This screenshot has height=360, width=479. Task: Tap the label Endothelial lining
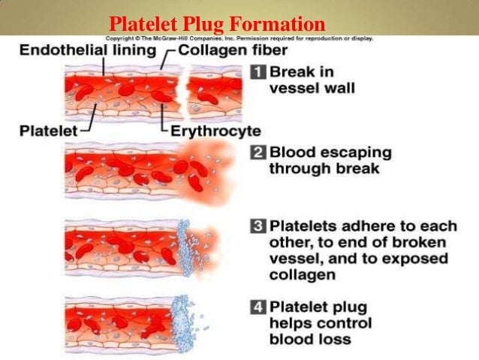[x=87, y=50]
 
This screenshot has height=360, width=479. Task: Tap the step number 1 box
[x=257, y=73]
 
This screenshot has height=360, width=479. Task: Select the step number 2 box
[x=257, y=153]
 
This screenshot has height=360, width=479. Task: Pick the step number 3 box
[x=257, y=225]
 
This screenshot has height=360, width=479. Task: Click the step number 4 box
[x=257, y=307]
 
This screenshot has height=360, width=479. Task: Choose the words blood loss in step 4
[x=309, y=339]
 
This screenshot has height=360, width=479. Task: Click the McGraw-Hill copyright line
[x=239, y=38]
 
